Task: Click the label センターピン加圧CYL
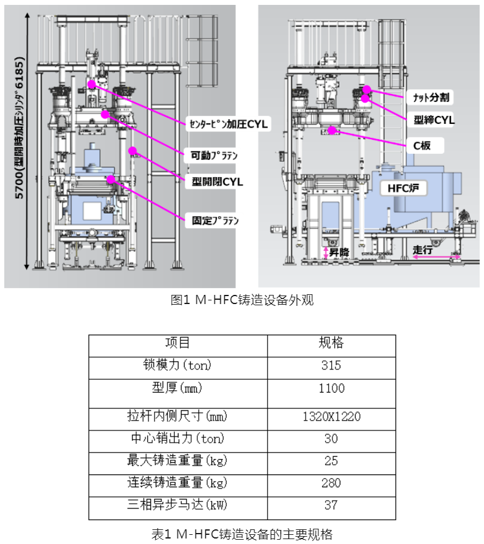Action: tap(227, 124)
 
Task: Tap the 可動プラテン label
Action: tap(210, 153)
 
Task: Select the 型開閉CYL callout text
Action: tap(213, 181)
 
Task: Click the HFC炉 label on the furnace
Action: tap(403, 188)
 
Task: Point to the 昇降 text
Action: tap(339, 252)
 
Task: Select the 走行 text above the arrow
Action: tap(423, 249)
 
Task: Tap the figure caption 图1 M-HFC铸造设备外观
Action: tap(242, 300)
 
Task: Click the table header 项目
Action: tap(178, 343)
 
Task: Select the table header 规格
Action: tap(331, 343)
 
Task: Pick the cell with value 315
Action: tap(331, 366)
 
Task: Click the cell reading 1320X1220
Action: tap(331, 417)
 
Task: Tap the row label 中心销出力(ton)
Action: tap(178, 439)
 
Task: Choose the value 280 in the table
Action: tap(331, 483)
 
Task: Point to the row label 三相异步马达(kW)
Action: tap(178, 505)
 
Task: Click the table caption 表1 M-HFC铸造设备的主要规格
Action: tap(242, 534)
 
